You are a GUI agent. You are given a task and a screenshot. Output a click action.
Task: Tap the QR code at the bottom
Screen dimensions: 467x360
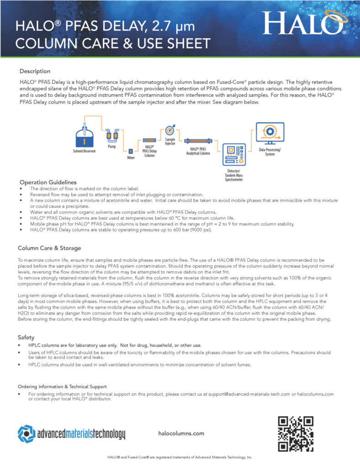(296, 434)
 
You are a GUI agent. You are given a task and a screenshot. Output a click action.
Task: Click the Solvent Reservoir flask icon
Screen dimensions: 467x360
(84, 134)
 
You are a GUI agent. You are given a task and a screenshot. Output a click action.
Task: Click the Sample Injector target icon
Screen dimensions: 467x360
(170, 130)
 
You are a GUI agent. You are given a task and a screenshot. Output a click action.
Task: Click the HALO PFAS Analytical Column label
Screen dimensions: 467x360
(198, 151)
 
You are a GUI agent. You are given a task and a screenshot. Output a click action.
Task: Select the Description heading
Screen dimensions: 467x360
(35, 71)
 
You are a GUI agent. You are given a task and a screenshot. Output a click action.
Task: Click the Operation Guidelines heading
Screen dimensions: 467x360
(47, 182)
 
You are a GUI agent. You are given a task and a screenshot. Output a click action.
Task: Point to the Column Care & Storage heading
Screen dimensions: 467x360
(49, 248)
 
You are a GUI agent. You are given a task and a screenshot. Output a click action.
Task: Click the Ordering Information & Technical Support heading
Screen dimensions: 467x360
(62, 386)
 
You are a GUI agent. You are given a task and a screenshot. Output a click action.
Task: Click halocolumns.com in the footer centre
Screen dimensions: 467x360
(181, 434)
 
